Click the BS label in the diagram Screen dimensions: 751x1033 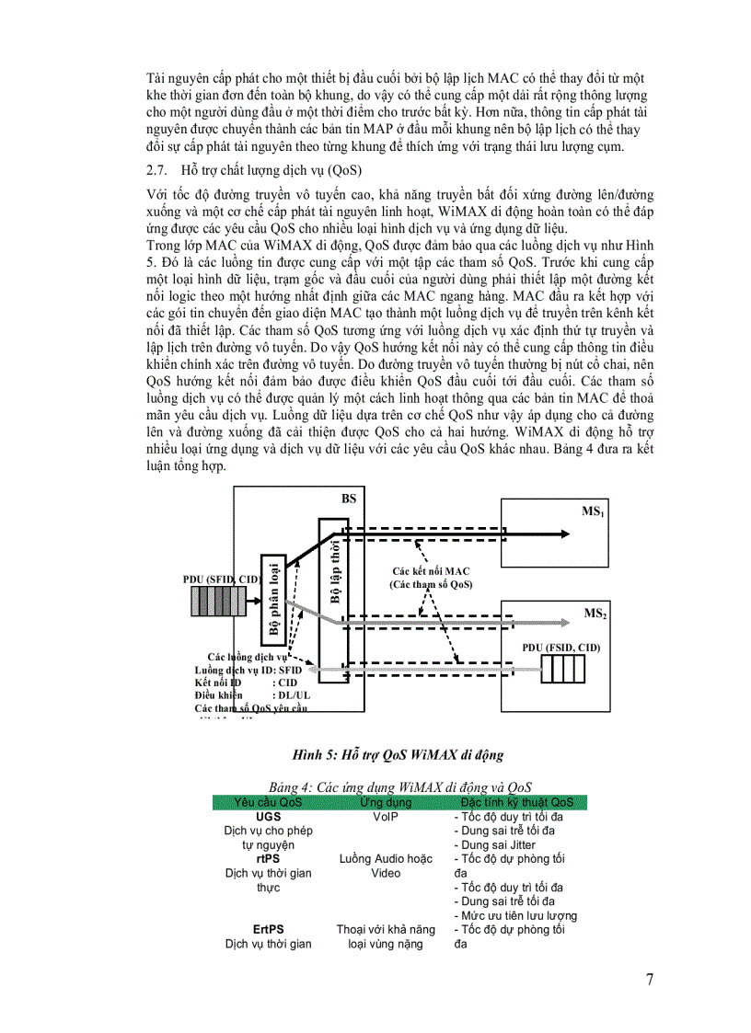[x=349, y=498]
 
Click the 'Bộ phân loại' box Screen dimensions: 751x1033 [x=273, y=602]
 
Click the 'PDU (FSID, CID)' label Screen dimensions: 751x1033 [x=560, y=648]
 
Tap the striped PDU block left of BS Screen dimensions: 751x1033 [x=218, y=601]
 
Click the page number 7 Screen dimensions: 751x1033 [x=650, y=979]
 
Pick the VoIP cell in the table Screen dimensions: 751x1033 [x=385, y=816]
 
